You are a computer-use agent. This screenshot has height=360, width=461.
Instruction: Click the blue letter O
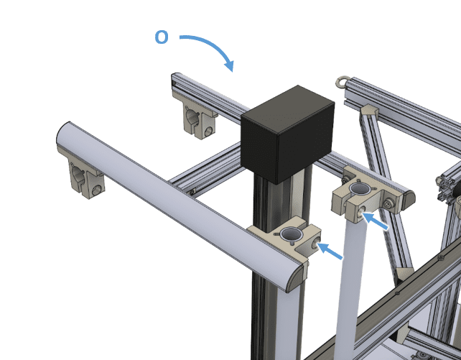[162, 37]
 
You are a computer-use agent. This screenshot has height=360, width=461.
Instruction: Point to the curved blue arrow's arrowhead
[230, 66]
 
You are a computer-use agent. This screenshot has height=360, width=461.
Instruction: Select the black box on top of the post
[287, 134]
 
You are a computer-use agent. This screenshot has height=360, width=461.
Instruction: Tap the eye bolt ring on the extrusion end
[341, 81]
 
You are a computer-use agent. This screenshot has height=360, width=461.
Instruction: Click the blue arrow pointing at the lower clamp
[330, 251]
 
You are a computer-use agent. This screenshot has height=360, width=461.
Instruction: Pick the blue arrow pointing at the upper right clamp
[375, 221]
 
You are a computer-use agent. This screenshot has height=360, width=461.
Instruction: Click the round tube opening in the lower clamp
[291, 234]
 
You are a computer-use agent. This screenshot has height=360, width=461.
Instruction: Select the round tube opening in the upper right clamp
[360, 188]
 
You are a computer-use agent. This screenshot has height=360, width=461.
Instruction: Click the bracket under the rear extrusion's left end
[197, 118]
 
